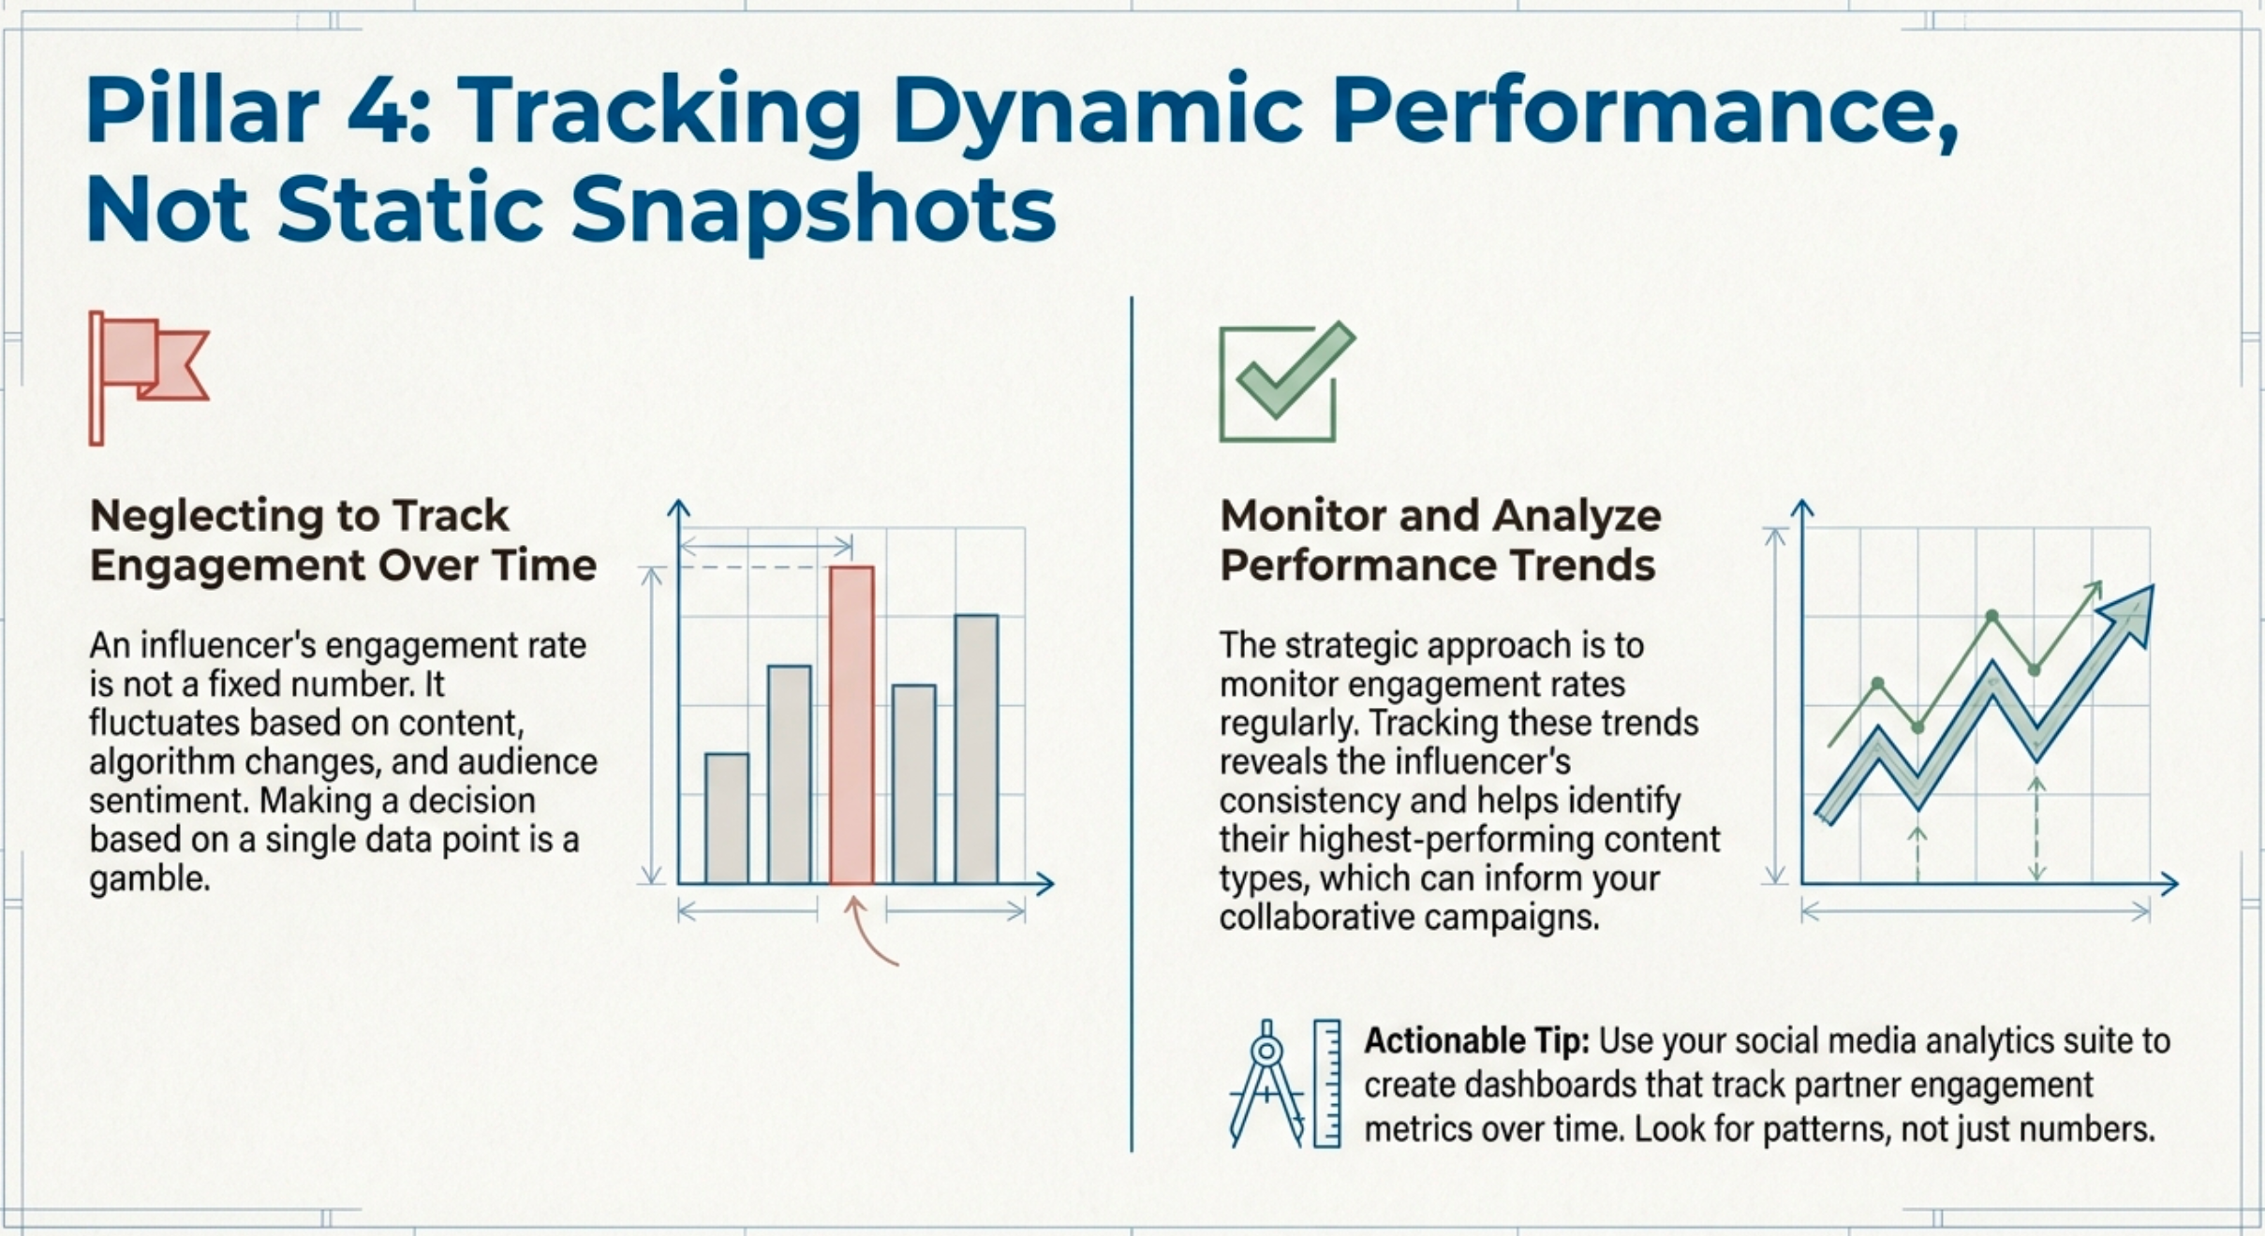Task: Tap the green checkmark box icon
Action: (x=1284, y=382)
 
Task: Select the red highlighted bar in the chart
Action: (x=851, y=725)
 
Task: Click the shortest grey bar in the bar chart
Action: (x=727, y=818)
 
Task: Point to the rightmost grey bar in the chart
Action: (x=977, y=749)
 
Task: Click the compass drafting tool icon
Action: (x=1266, y=1084)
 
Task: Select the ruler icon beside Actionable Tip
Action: (x=1326, y=1083)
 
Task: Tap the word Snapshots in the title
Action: (x=813, y=208)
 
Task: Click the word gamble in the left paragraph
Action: (x=149, y=879)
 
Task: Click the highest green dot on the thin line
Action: (x=1992, y=615)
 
